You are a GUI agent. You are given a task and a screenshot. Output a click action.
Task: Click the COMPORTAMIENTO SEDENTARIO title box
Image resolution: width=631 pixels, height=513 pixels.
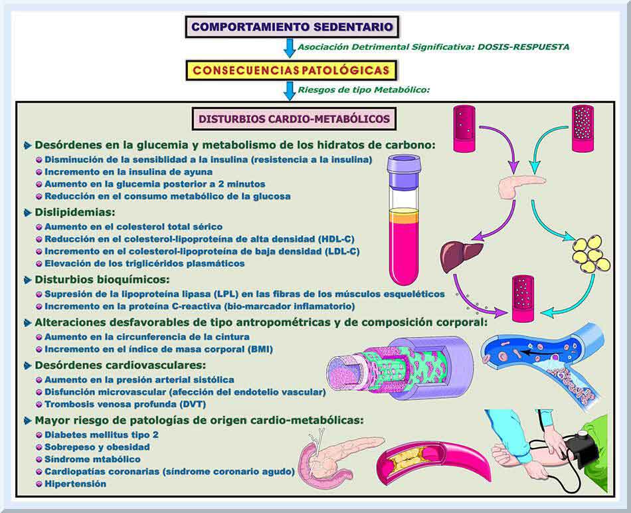tap(292, 27)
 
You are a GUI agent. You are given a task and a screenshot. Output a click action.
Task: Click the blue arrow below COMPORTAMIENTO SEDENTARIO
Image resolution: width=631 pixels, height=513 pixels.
tap(289, 48)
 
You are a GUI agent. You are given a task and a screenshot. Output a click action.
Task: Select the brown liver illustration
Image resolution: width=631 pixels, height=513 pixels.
tap(461, 256)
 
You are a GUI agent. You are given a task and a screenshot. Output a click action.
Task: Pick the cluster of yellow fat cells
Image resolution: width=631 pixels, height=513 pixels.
tap(590, 253)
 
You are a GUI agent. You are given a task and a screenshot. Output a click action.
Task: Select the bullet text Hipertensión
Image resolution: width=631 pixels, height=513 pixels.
tap(75, 484)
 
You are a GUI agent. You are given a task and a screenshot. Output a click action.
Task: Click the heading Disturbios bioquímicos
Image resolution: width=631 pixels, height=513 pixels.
tap(102, 279)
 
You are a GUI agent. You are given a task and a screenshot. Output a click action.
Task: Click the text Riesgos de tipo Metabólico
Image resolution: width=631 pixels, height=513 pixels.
tap(370, 90)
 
